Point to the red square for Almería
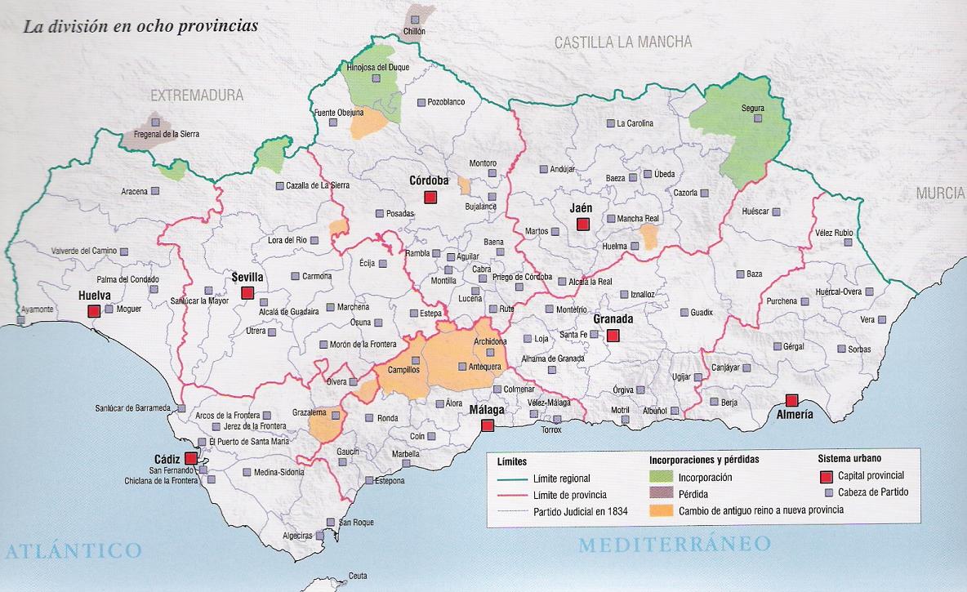(791, 400)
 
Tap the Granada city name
(613, 318)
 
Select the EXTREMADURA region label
(197, 96)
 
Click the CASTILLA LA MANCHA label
(622, 42)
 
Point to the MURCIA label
(940, 194)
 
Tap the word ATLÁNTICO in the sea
(72, 550)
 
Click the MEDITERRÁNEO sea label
(675, 544)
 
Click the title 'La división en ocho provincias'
(140, 25)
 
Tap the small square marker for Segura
(758, 118)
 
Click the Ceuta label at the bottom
(357, 576)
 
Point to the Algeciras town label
(296, 536)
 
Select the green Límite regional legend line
(509, 478)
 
